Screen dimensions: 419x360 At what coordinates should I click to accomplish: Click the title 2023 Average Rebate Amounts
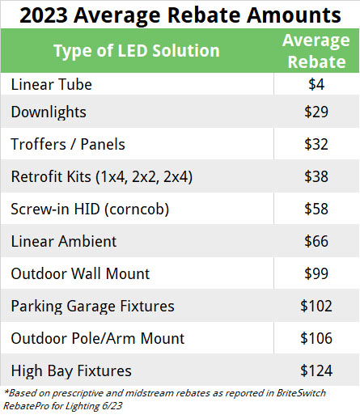point(180,14)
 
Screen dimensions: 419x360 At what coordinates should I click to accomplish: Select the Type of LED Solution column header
point(137,51)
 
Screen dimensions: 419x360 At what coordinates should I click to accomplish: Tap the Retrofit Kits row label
point(101,176)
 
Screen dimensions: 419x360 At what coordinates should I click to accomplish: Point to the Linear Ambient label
point(64,241)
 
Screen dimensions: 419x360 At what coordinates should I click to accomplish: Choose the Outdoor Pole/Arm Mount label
point(98,338)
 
